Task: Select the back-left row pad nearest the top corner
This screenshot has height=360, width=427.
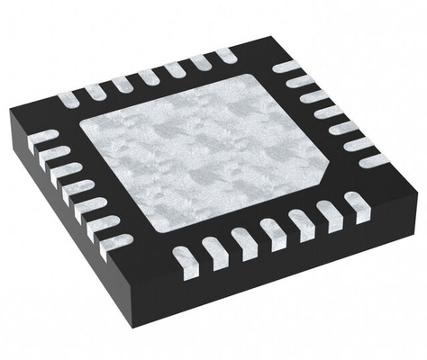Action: [x=225, y=57]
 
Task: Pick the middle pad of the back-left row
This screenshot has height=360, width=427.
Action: [x=148, y=76]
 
